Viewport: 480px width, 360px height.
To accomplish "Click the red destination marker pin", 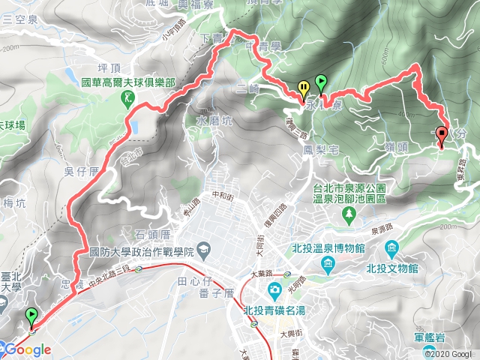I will pos(441,136).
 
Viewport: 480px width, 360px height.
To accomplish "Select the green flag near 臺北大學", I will pos(31,316).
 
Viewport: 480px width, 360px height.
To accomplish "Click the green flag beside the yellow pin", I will pos(321,82).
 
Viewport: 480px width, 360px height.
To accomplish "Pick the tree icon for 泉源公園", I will pos(349,215).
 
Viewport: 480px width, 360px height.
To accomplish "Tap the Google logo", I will pos(27,349).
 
